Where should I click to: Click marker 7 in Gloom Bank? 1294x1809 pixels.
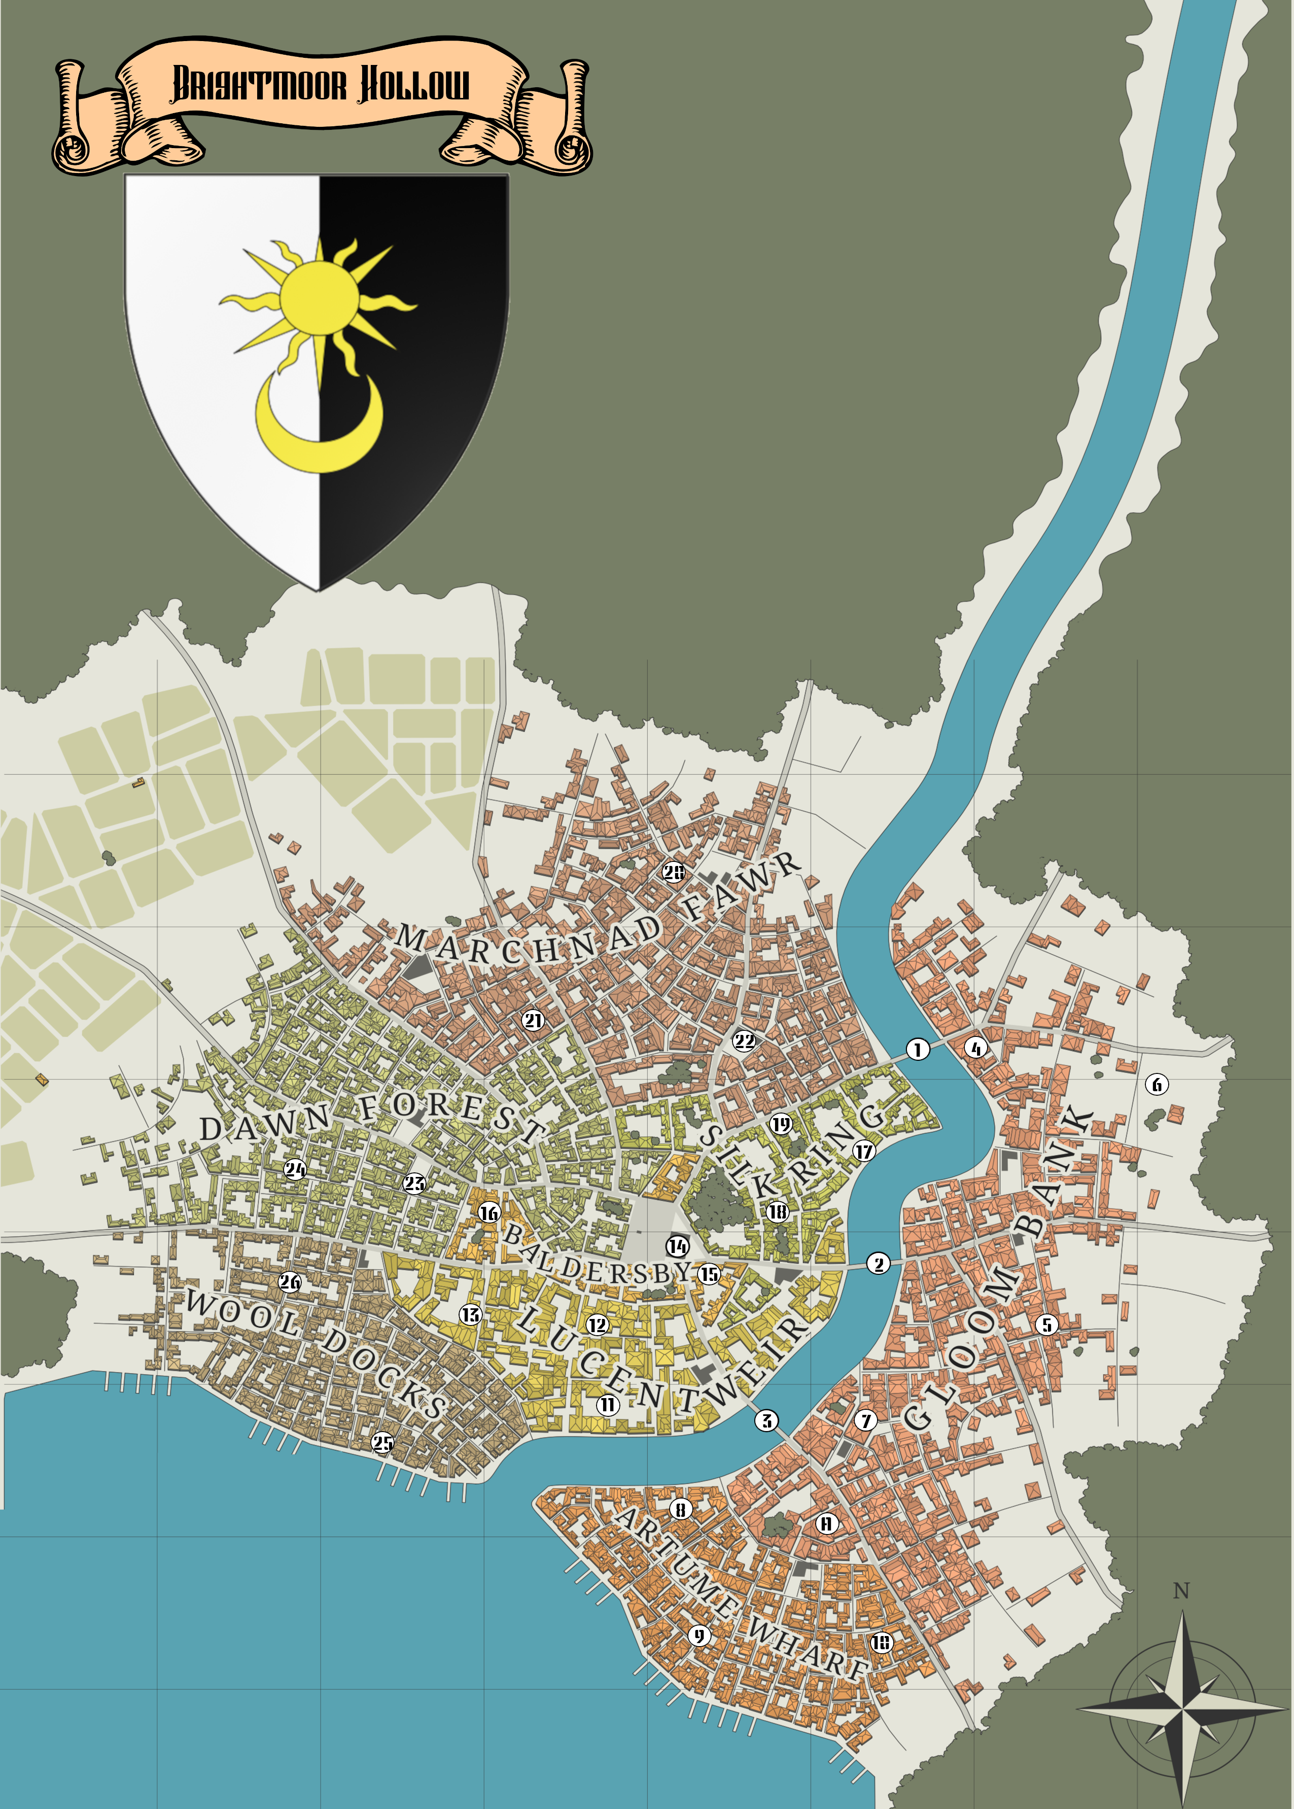tap(866, 1420)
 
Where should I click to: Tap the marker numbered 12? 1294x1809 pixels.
tap(598, 1325)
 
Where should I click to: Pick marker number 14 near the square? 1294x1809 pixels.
tap(677, 1245)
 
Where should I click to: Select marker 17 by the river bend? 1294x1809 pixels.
tap(864, 1151)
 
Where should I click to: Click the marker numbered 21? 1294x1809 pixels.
tap(532, 1020)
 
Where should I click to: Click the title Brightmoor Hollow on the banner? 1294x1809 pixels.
tap(321, 85)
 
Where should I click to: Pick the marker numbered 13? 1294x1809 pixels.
tap(471, 1314)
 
